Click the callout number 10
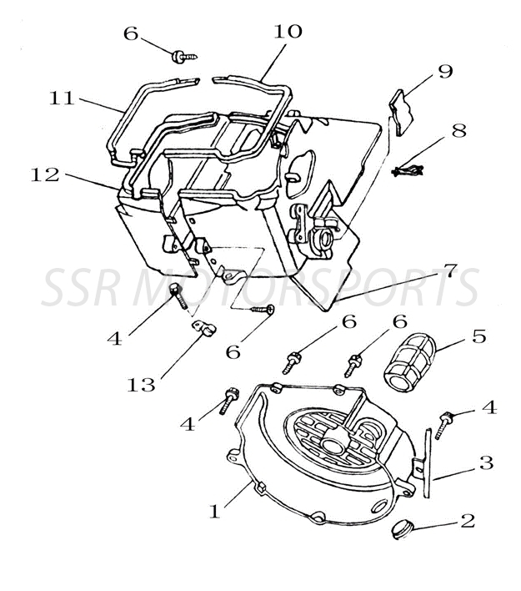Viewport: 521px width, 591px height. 288,32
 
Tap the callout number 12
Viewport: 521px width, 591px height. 46,175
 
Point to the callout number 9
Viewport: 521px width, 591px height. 445,71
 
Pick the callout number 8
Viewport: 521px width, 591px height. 458,131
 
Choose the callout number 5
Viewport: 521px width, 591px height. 478,338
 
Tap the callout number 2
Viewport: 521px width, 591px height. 467,521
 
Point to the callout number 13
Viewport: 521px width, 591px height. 143,385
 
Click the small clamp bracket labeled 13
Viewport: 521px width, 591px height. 202,328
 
